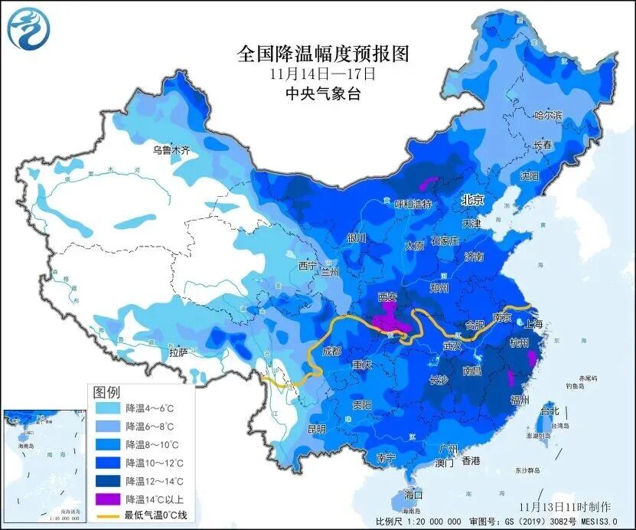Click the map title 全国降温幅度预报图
324,54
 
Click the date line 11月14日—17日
324,74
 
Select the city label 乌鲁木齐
170,150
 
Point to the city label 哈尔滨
548,116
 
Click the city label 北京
472,200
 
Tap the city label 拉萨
178,352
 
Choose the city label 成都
332,352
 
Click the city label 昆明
316,428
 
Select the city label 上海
534,325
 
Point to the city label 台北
550,410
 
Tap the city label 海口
413,495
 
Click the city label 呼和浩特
413,204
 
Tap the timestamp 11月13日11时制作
565,507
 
